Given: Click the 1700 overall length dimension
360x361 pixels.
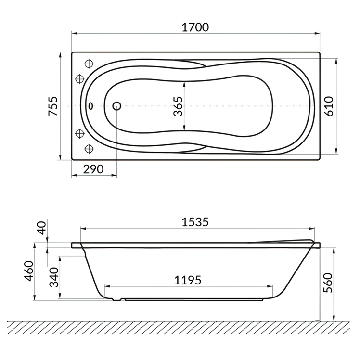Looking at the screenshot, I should point(195,27).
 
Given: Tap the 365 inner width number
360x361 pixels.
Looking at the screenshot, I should point(178,106).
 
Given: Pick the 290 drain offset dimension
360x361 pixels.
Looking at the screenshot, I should point(93,169).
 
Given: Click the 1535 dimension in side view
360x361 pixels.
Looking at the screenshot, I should point(195,222).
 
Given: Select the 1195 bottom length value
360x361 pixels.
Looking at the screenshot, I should point(188,279).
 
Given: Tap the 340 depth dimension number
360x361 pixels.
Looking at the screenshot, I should point(54,277).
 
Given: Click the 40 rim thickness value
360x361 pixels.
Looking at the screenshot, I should point(43,228).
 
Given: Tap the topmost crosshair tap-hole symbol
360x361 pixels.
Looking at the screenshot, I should point(89,64).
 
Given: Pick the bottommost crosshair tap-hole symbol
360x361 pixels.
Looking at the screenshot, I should point(89,148).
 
